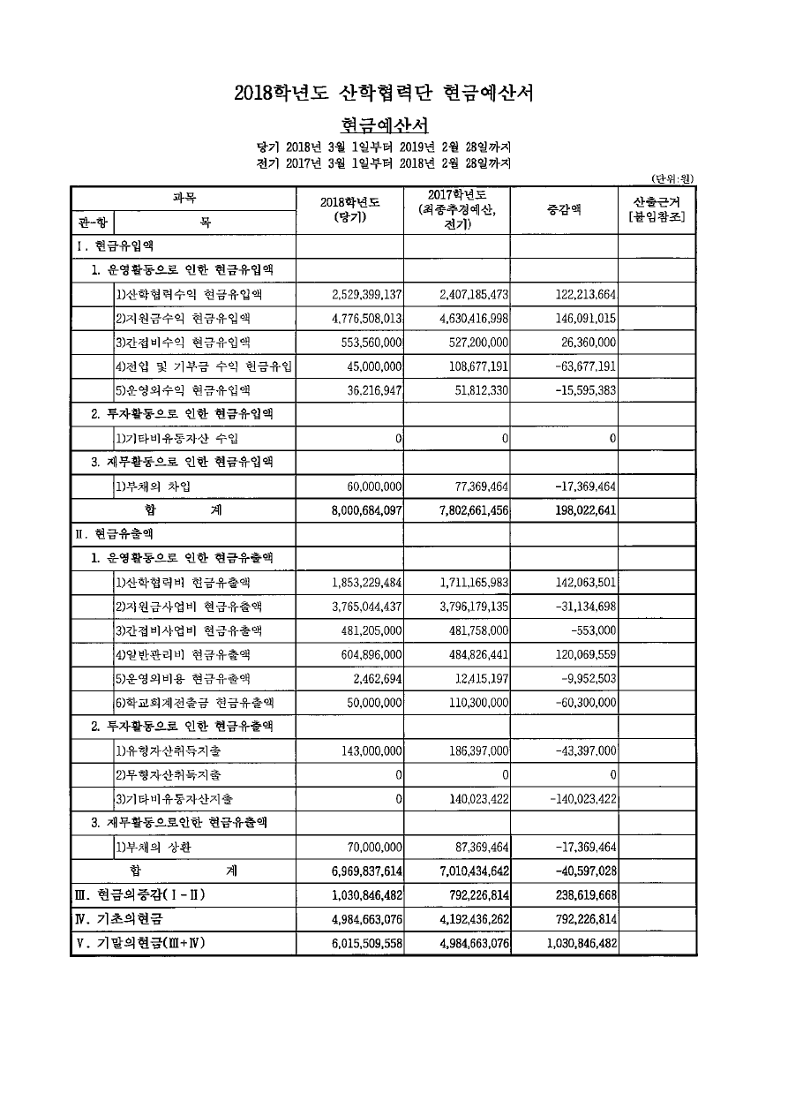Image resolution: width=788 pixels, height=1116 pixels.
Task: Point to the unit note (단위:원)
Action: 672,177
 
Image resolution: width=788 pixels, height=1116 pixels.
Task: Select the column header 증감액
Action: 563,210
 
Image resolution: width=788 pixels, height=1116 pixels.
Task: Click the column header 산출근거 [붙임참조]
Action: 657,210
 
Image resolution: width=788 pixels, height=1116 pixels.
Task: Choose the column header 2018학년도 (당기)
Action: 350,210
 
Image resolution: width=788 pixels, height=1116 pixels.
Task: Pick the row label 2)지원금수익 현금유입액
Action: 183,318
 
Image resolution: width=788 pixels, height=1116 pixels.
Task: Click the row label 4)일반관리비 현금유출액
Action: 183,654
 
